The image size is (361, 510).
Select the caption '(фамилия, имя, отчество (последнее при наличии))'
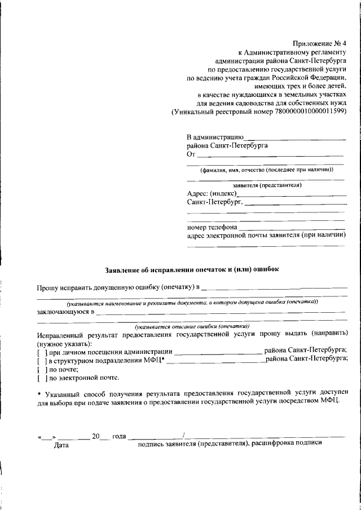click(x=266, y=170)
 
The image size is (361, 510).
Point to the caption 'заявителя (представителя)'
click(x=266, y=185)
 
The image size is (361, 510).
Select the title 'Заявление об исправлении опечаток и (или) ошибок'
click(x=192, y=269)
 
